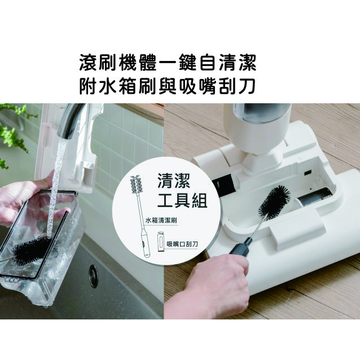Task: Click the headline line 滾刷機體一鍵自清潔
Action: [168, 63]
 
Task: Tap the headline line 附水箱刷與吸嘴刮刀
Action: [167, 86]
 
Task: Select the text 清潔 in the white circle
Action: [174, 181]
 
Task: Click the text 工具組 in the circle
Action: [182, 200]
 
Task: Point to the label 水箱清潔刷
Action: [161, 221]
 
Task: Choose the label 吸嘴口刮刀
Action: [182, 244]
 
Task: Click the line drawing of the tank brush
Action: [141, 217]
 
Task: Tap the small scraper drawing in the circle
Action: [161, 242]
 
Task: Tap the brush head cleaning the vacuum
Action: [274, 202]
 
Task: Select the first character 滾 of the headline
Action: [89, 63]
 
